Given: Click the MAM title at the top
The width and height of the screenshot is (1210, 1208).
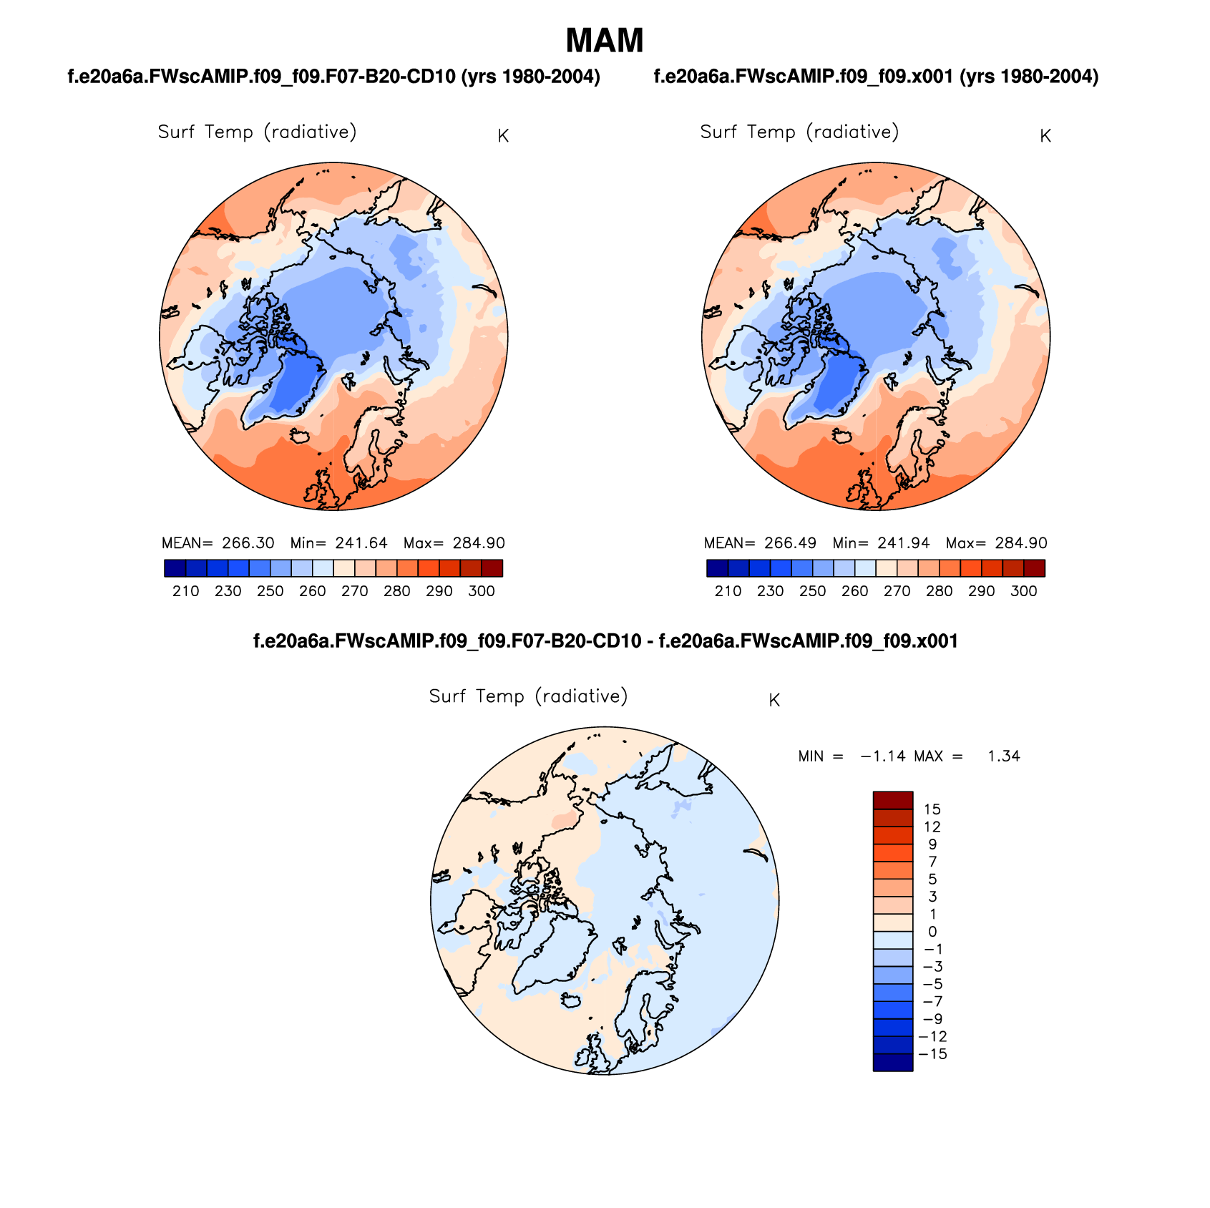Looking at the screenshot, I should (x=605, y=41).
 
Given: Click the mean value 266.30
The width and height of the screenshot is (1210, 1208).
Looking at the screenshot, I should (x=248, y=543).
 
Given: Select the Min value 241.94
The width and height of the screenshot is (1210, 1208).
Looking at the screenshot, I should (x=904, y=543).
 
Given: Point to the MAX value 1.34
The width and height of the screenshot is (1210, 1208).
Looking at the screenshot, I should (x=1003, y=756).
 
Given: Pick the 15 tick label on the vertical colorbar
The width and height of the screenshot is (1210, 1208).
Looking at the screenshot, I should (x=932, y=809).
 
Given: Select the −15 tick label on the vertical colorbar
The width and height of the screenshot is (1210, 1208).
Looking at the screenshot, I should (x=932, y=1054).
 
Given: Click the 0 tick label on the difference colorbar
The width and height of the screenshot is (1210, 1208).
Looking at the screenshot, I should (x=932, y=932).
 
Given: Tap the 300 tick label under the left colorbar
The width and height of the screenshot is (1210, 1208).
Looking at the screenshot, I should (x=482, y=591).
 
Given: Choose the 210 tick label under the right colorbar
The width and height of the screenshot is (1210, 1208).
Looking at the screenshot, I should (x=728, y=591).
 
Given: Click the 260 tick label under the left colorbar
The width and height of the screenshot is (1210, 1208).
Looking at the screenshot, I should (x=313, y=591).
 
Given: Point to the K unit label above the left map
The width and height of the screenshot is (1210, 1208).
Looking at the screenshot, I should (x=503, y=136).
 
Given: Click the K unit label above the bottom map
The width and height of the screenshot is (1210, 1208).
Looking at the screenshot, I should (x=774, y=701).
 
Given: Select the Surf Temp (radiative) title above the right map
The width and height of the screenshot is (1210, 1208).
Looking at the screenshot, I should (x=799, y=132).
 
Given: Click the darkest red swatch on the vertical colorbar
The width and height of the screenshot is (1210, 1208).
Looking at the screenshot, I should (x=892, y=800).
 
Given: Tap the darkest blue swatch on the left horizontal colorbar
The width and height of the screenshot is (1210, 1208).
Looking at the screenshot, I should (x=175, y=568).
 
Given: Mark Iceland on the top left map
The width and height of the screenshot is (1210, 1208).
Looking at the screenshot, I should (x=299, y=436).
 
